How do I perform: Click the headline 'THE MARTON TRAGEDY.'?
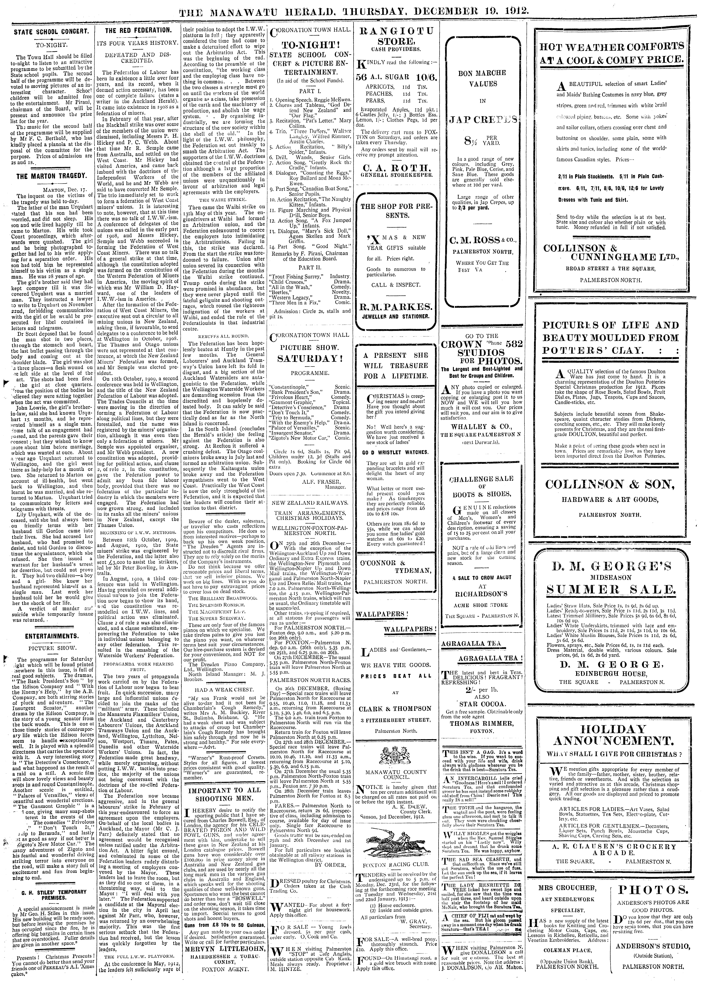click(x=51, y=177)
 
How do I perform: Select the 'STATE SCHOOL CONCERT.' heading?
click(x=51, y=32)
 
